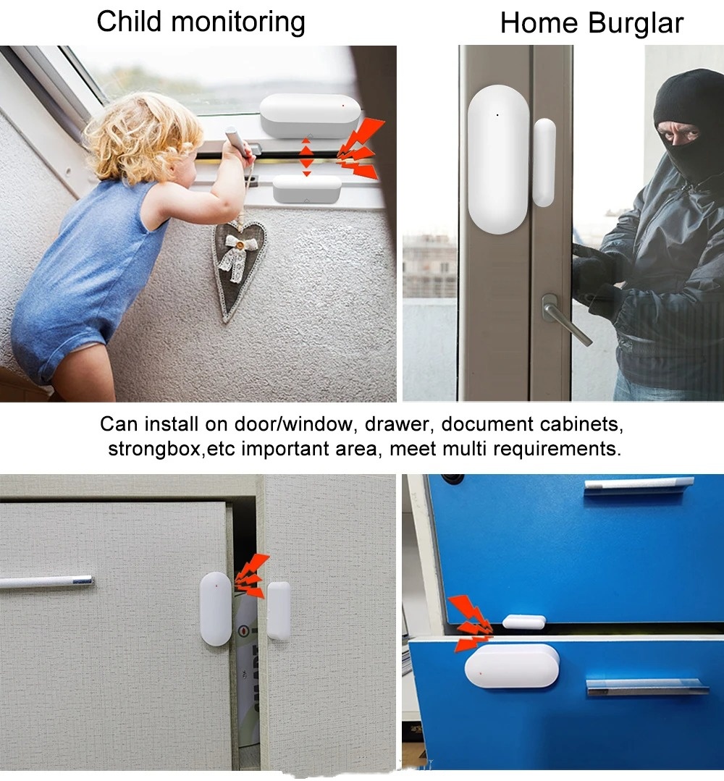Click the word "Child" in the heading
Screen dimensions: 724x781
click(x=129, y=22)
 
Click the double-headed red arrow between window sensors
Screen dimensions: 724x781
click(x=306, y=156)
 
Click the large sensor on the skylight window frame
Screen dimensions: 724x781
click(x=309, y=115)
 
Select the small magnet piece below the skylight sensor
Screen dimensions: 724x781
click(x=306, y=189)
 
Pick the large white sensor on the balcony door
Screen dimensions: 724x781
click(x=498, y=159)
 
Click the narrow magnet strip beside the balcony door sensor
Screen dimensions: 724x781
click(x=544, y=162)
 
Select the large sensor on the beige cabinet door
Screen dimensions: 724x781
click(x=216, y=608)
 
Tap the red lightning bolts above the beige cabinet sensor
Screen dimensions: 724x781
click(x=251, y=575)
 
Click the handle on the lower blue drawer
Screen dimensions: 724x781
click(x=647, y=686)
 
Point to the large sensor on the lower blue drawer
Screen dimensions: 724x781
click(x=512, y=666)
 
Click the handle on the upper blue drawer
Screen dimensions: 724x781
click(x=639, y=485)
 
